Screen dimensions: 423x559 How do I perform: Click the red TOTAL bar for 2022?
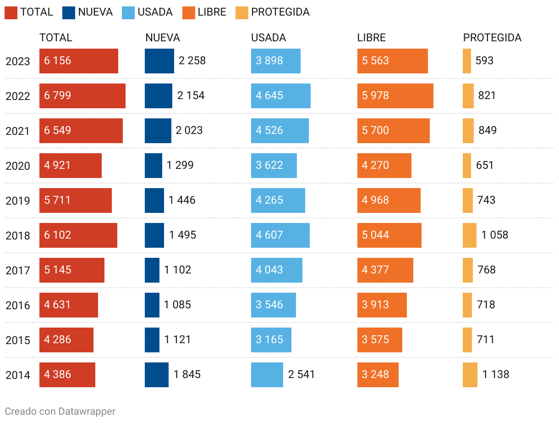tap(82, 96)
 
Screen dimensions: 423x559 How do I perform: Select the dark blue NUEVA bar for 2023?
tap(159, 61)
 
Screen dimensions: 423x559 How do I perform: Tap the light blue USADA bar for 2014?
tap(267, 375)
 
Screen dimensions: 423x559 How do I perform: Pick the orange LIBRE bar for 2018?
tap(389, 235)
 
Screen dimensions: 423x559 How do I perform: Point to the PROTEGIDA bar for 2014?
tap(470, 375)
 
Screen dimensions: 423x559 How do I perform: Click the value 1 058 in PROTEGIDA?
tap(494, 235)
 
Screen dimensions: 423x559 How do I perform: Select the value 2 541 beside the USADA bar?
tap(301, 374)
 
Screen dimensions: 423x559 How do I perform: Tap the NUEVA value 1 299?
tap(180, 165)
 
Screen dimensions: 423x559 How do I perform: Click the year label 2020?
tap(18, 166)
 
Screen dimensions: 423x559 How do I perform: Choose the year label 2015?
tap(18, 340)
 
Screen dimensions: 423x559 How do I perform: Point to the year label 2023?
tap(18, 61)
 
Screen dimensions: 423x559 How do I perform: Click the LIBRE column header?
tap(371, 38)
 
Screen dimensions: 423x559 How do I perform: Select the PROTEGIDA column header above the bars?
tap(492, 38)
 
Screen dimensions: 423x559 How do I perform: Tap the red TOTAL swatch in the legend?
tap(11, 12)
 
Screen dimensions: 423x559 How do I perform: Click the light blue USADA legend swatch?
tap(128, 12)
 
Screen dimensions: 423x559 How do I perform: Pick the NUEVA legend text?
tap(95, 12)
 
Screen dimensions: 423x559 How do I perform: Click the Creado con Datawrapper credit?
tap(60, 411)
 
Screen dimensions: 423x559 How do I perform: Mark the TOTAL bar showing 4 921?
tap(71, 166)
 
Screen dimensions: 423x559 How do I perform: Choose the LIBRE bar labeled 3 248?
tap(378, 375)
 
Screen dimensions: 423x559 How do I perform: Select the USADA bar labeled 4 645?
tap(281, 96)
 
